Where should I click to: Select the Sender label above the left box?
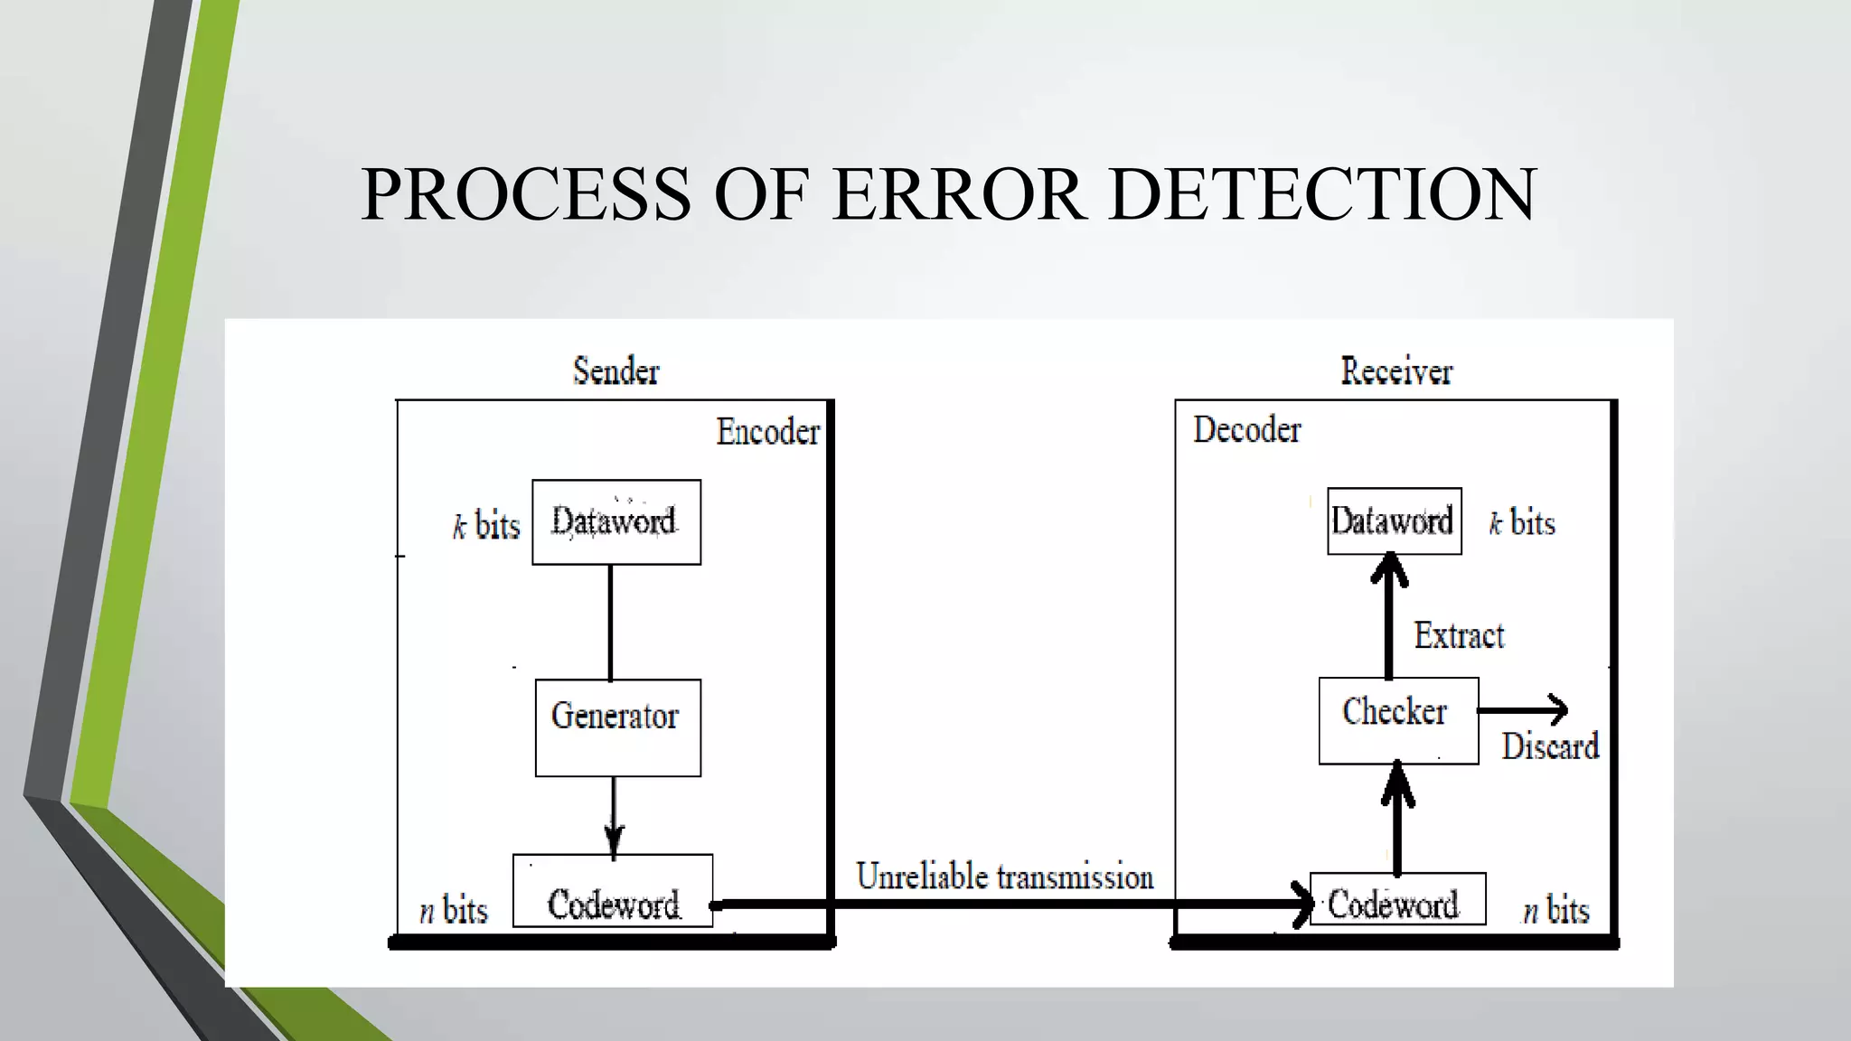pos(616,371)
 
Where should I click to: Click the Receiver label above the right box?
pos(1396,371)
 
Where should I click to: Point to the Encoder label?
pos(767,432)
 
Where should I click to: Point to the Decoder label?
pos(1246,430)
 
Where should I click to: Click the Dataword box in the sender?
pos(615,522)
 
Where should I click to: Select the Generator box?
pos(617,727)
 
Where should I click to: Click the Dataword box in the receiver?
pos(1394,521)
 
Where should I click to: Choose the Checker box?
pos(1398,720)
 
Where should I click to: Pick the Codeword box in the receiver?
pos(1397,900)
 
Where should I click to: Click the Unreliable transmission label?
pos(1004,877)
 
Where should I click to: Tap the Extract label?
pos(1459,636)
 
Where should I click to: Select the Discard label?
pos(1550,747)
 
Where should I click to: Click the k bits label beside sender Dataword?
pos(485,525)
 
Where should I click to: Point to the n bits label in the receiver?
pos(1555,910)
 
